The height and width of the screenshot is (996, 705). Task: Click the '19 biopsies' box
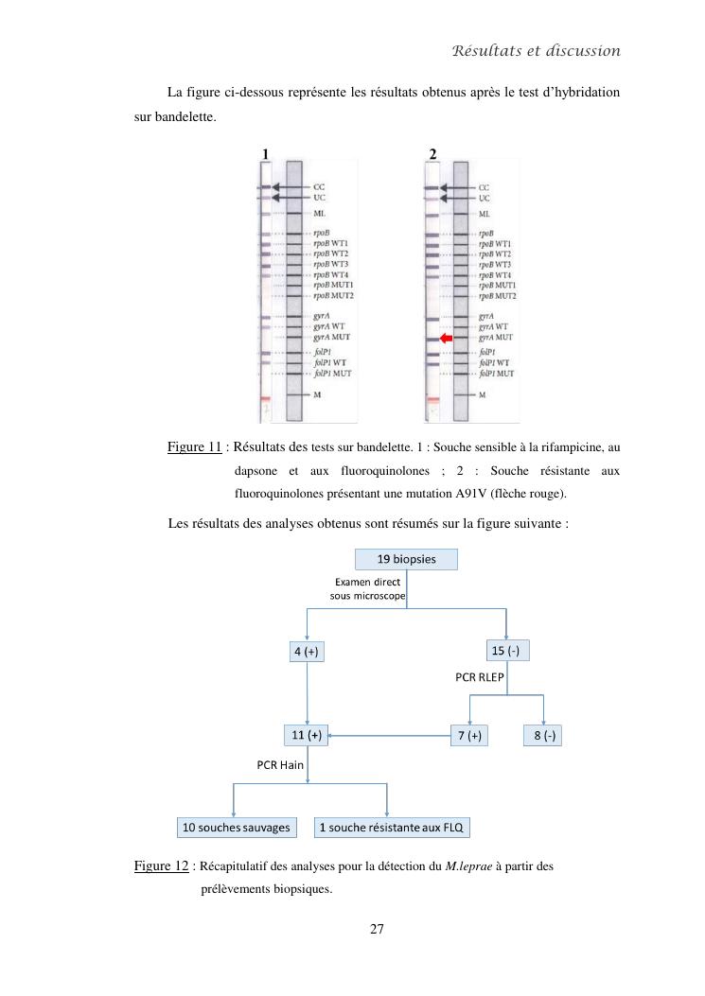(x=406, y=559)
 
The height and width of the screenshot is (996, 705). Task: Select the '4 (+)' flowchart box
(x=308, y=652)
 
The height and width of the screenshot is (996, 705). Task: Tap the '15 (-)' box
(x=508, y=651)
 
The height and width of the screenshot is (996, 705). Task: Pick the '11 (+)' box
(x=307, y=735)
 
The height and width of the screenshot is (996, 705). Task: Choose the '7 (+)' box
(x=467, y=735)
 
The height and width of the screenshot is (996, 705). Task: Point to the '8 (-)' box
(x=543, y=735)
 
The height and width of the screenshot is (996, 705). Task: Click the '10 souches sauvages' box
(x=236, y=828)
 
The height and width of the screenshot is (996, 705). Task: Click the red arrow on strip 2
(x=447, y=338)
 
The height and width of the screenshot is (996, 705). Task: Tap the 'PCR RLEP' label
(x=479, y=677)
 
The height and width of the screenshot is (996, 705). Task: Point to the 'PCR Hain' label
(x=280, y=764)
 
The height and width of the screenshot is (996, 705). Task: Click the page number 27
(x=377, y=930)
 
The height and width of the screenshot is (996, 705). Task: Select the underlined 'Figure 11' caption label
(x=194, y=446)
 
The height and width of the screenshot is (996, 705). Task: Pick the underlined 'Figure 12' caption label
(x=161, y=865)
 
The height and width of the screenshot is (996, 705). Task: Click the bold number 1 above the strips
(x=266, y=153)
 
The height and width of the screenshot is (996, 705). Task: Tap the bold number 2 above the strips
(x=432, y=153)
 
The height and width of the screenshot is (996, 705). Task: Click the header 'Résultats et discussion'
(x=536, y=50)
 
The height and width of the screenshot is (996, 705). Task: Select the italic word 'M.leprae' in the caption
(x=462, y=866)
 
